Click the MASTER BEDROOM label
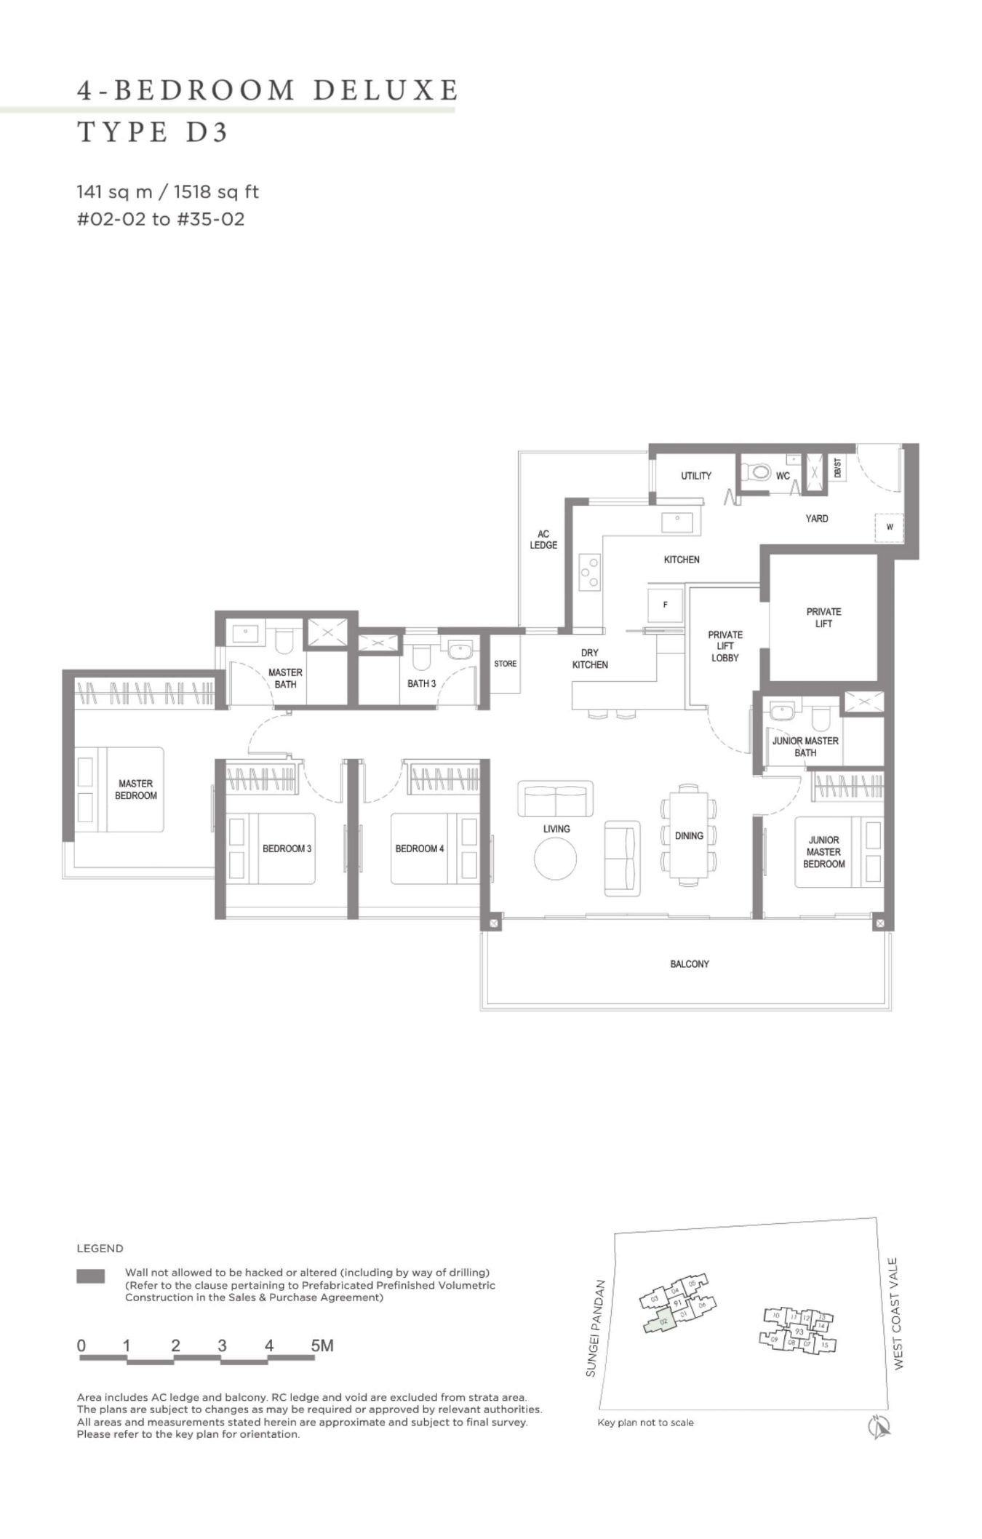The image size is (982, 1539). point(135,790)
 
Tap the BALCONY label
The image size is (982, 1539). point(689,964)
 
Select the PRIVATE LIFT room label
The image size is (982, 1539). point(823,618)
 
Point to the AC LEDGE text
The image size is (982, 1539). point(543,539)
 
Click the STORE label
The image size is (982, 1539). point(505,664)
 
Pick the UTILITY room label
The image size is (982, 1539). point(695,476)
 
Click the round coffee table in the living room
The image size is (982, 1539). point(556,859)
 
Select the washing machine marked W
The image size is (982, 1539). point(889,528)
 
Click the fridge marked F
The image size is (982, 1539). point(665,605)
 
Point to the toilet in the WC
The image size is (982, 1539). point(758,473)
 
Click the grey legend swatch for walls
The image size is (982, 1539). point(90,1276)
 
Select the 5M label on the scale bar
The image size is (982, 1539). point(322,1345)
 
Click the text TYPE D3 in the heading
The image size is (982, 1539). point(153,132)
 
